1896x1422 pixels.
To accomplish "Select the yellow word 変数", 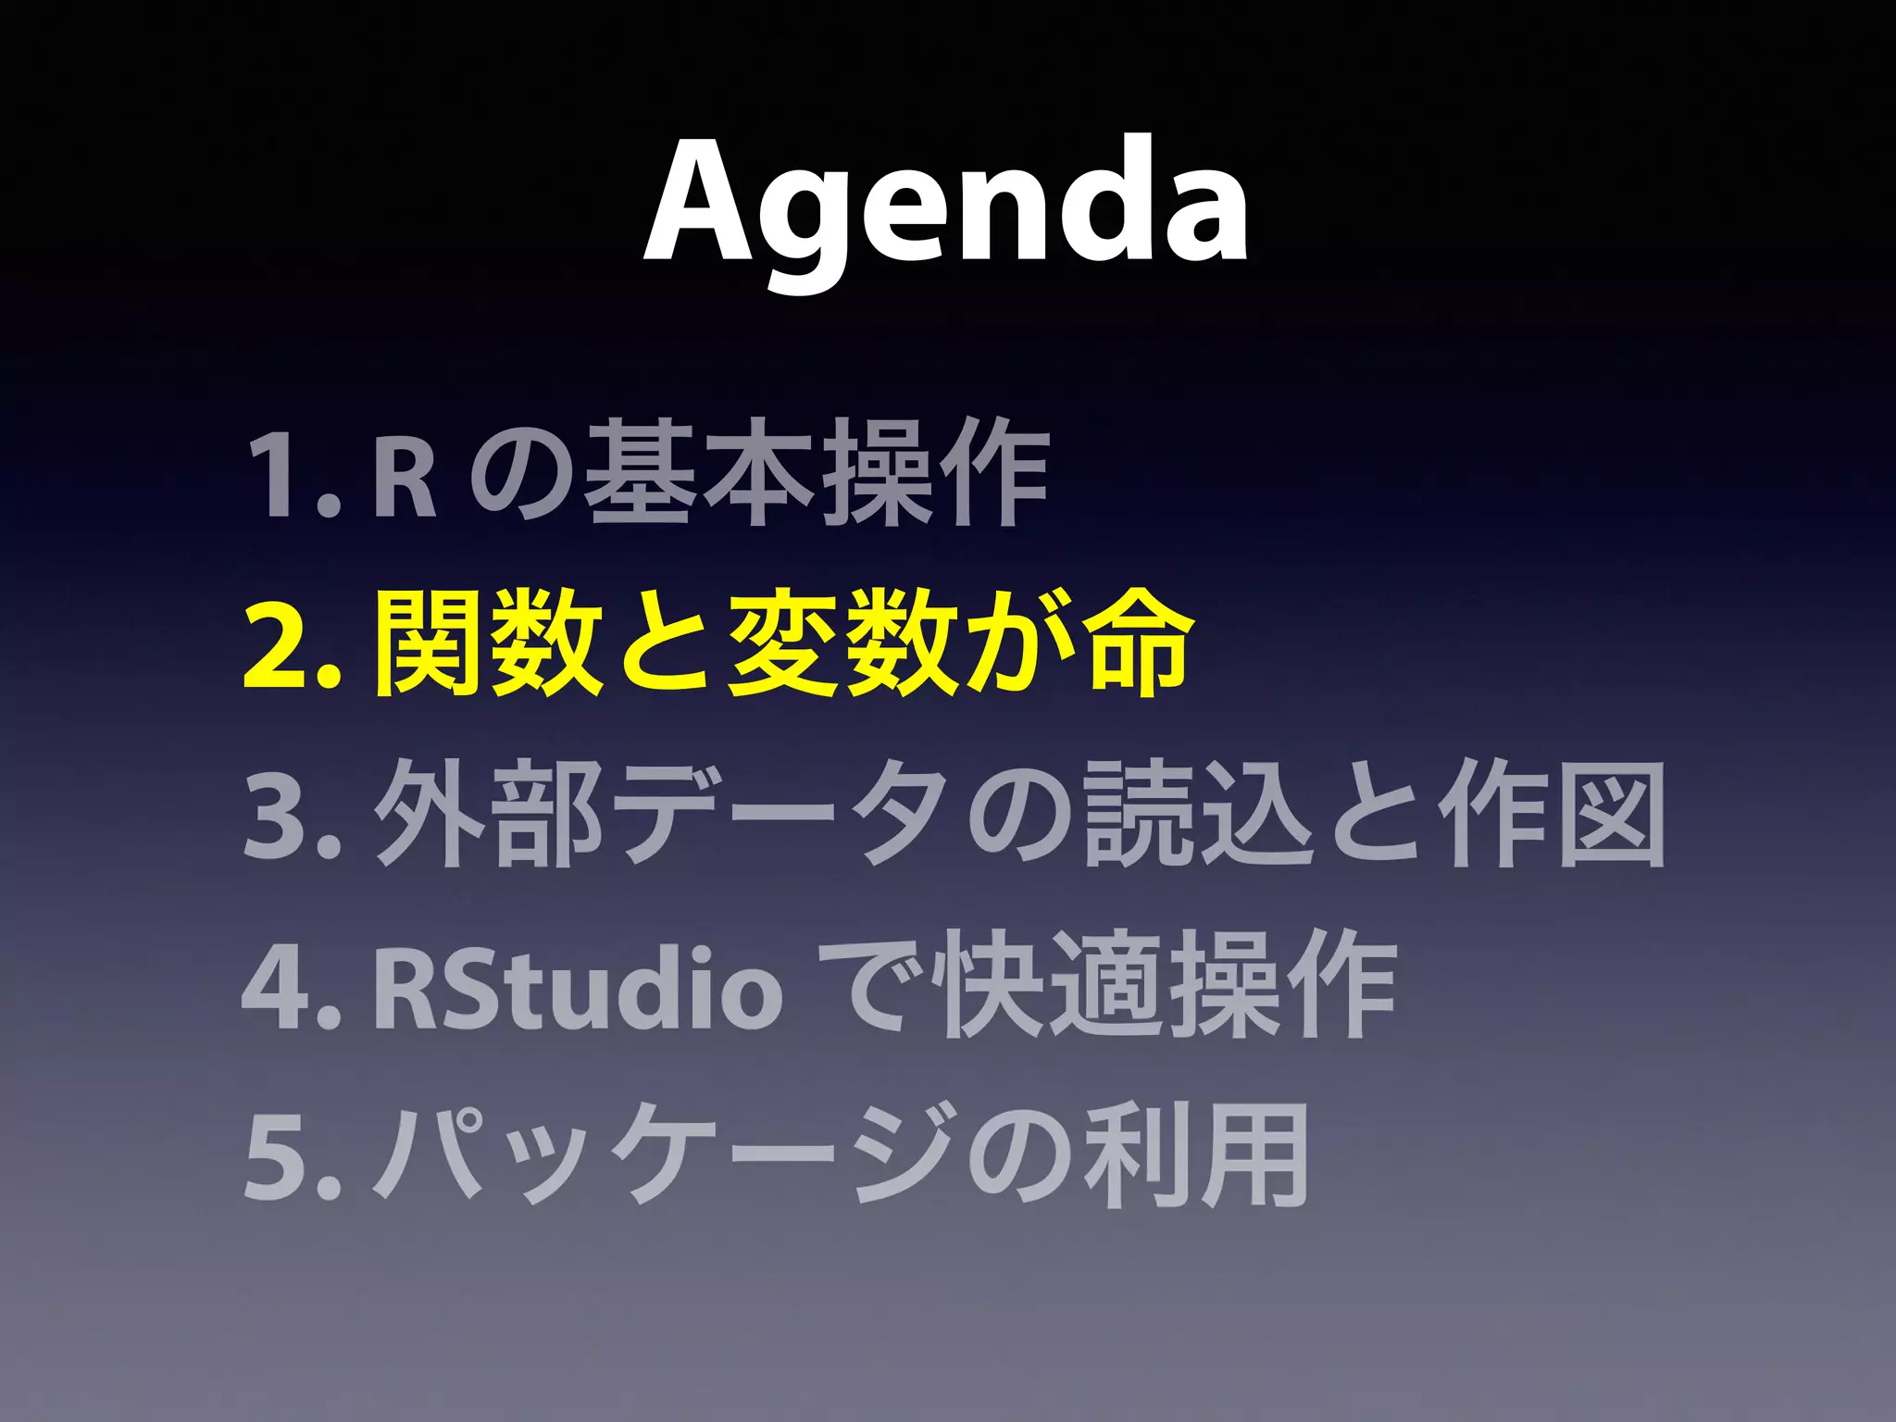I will (842, 642).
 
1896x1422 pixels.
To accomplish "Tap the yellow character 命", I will (1137, 642).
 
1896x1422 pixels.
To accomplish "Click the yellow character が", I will (1018, 642).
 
